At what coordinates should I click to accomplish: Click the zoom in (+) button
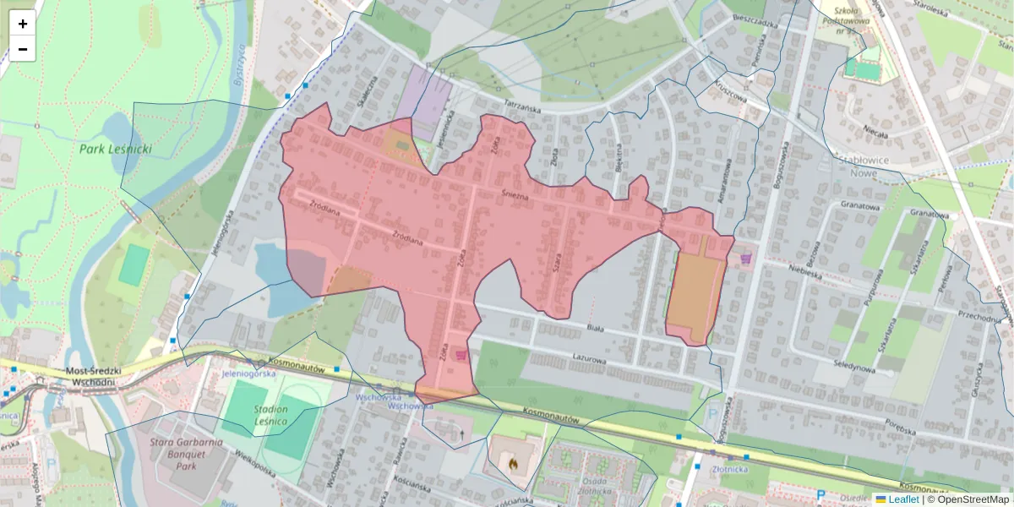[23, 24]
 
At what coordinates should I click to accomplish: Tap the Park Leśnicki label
[116, 150]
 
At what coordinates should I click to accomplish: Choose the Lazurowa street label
[590, 359]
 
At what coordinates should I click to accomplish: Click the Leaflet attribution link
[902, 499]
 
